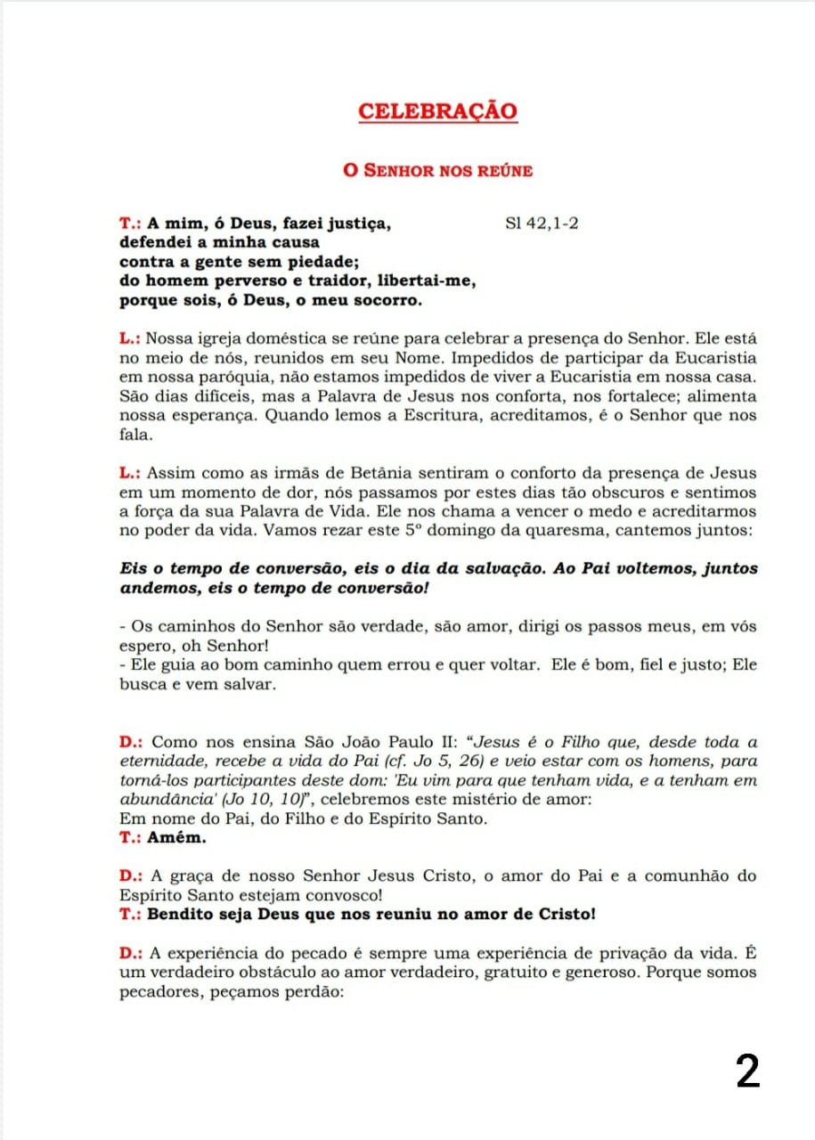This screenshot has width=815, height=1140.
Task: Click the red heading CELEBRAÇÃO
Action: click(437, 112)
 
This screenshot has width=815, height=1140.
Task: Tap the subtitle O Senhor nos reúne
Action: click(437, 169)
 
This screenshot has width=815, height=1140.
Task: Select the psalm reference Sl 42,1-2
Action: click(542, 224)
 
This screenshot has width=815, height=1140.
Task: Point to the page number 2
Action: click(747, 1071)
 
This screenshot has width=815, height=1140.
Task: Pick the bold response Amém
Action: click(172, 837)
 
